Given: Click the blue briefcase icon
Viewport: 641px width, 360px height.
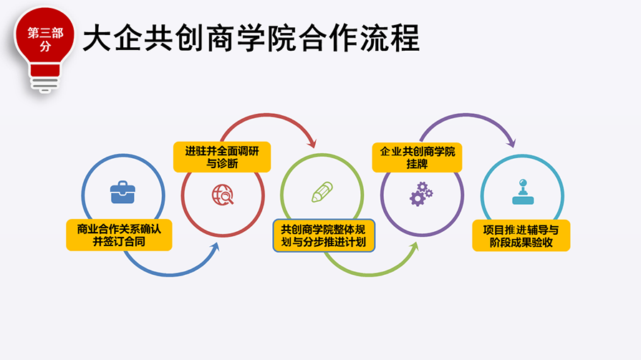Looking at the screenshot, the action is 122,192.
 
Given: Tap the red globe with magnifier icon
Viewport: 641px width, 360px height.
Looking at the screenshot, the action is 223,195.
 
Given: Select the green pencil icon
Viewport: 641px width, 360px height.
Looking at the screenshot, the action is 322,192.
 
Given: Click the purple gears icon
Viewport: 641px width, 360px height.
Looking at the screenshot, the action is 421,194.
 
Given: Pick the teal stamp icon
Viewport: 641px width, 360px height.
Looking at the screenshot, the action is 523,192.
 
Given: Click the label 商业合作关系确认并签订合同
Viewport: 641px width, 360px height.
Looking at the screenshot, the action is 119,235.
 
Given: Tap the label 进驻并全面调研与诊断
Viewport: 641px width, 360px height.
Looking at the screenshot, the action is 222,157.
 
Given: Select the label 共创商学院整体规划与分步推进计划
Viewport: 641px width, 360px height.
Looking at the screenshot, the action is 324,235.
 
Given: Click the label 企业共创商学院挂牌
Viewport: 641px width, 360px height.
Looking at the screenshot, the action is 417,157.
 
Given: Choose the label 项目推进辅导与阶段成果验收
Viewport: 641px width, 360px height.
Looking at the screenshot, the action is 521,235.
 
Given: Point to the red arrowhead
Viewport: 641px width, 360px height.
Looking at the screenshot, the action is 312,143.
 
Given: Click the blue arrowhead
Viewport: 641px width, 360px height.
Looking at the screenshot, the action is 215,246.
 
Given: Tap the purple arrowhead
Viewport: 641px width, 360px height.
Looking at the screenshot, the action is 511,142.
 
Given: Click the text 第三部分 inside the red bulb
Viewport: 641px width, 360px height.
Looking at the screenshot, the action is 45,39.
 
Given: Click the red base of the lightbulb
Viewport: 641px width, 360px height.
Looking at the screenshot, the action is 45,70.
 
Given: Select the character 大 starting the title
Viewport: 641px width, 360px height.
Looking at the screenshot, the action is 97,38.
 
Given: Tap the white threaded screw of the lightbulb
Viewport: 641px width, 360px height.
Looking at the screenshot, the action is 45,84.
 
